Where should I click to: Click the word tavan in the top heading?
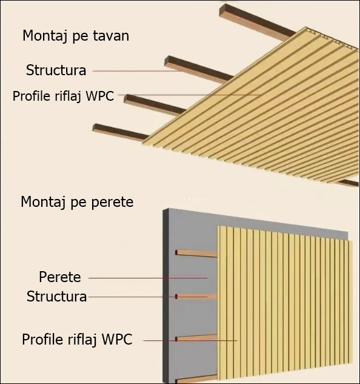(111, 36)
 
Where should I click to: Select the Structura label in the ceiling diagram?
(56, 70)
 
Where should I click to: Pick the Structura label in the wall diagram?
(56, 296)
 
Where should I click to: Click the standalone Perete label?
(60, 277)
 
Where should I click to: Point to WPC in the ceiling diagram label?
(100, 96)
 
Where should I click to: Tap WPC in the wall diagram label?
(117, 340)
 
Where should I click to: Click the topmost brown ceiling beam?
(257, 22)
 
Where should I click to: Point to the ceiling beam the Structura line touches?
(199, 70)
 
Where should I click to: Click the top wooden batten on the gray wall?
(196, 253)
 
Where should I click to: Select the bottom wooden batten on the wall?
(196, 379)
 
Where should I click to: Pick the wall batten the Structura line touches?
(196, 297)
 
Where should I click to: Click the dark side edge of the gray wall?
(166, 296)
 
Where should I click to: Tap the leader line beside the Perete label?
(148, 278)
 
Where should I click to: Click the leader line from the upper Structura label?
(138, 71)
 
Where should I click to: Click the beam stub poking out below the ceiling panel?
(347, 183)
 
